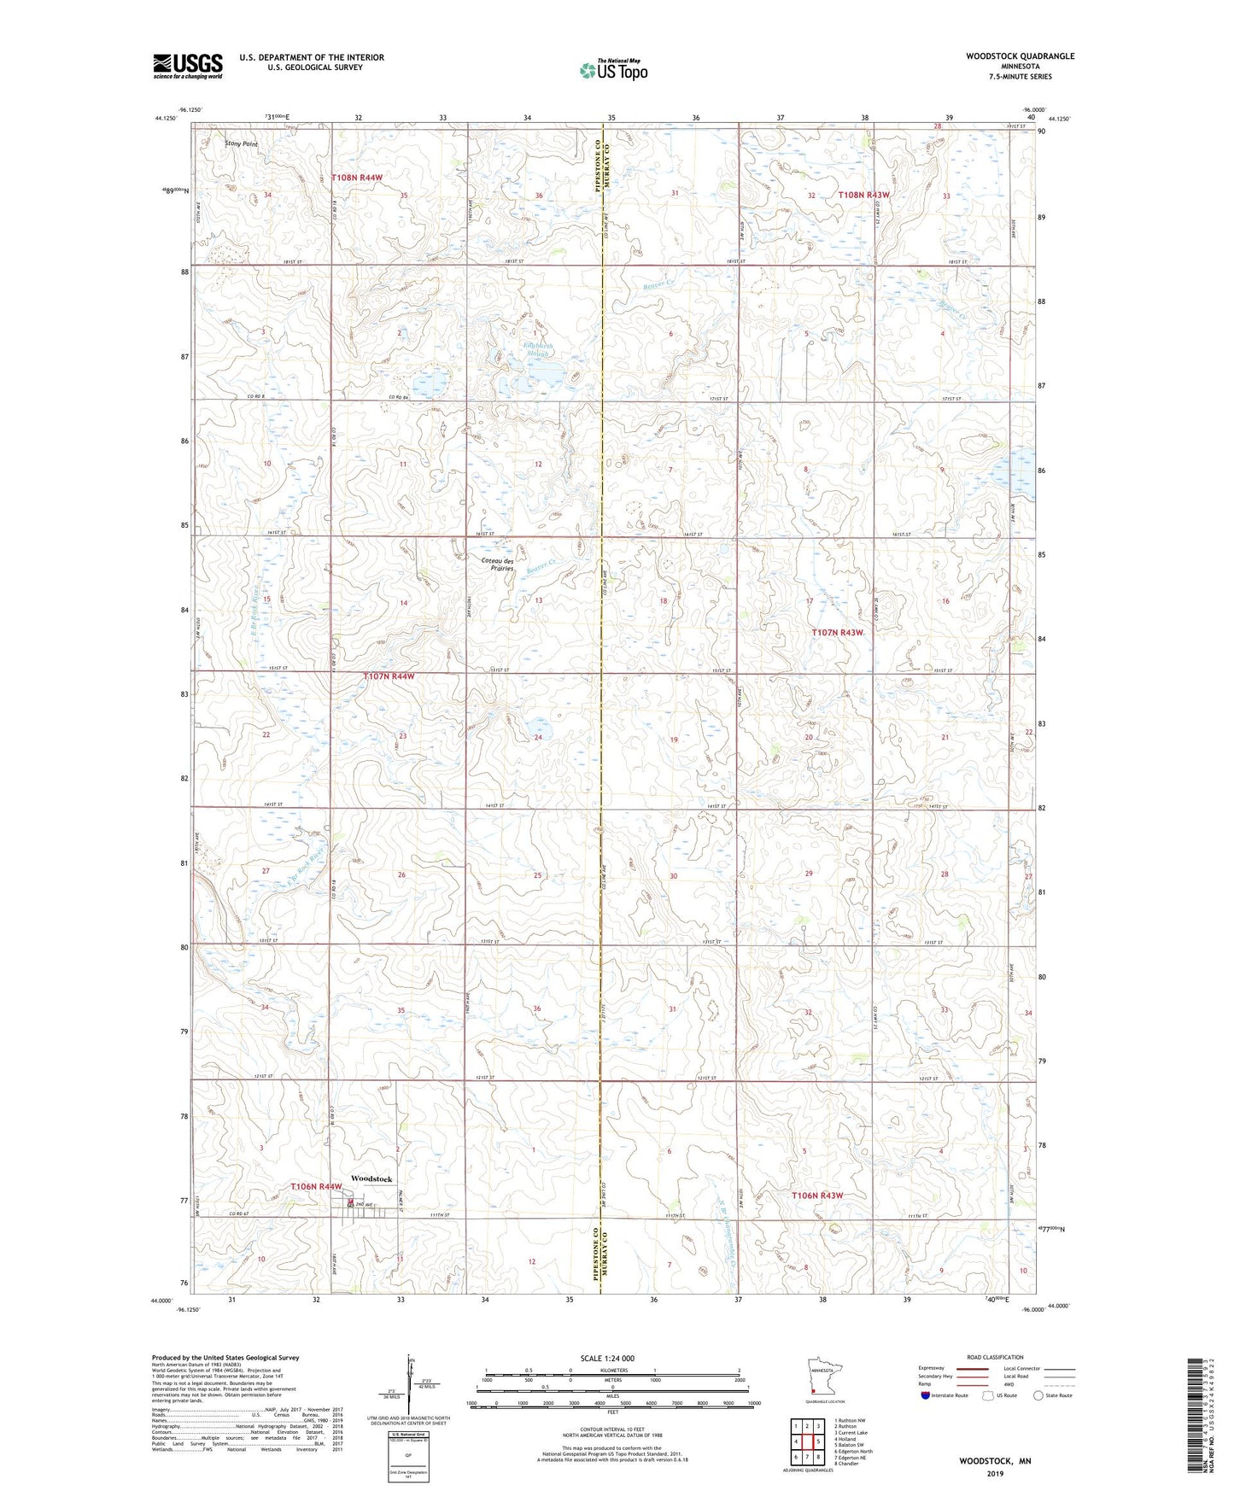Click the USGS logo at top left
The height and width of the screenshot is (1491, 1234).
coord(188,66)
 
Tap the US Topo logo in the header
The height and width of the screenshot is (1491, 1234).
coord(612,70)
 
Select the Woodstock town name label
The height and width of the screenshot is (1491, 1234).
coord(371,1178)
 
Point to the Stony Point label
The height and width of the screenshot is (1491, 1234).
coord(241,144)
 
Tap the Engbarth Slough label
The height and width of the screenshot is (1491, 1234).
coord(538,349)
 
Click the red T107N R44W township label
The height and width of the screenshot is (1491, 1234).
coord(389,676)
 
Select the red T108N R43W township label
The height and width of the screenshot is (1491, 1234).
coord(863,195)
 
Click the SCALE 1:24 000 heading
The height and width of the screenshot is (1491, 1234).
coord(606,1358)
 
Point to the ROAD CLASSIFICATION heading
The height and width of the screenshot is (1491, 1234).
coord(996,1357)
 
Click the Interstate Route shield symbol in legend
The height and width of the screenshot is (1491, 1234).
coord(926,1396)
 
